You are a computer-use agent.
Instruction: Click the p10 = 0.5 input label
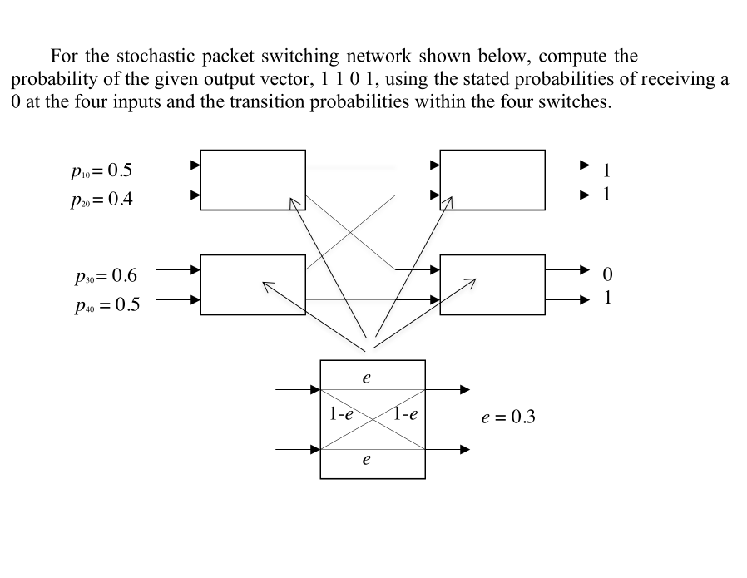101,171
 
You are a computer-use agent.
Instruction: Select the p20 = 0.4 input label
101,200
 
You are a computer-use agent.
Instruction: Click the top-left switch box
253,180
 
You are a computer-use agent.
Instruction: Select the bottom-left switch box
253,284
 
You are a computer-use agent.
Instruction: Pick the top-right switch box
492,180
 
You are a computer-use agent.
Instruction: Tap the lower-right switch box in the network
492,284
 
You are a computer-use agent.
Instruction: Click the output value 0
606,274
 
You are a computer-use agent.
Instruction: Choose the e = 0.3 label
508,417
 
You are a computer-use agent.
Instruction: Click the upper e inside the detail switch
366,377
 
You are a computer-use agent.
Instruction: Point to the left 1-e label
341,413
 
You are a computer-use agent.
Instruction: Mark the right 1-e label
406,413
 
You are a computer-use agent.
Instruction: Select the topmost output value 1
606,171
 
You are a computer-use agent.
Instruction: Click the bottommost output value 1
606,298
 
